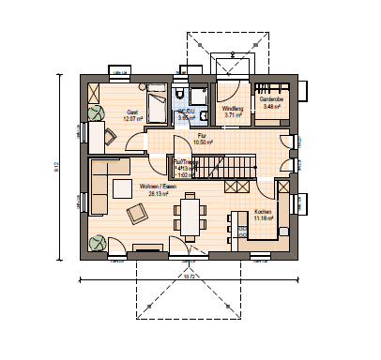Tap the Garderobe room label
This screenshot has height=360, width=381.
[x=271, y=101]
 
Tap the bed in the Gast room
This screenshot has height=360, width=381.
[x=157, y=97]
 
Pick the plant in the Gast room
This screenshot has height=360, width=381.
[x=97, y=113]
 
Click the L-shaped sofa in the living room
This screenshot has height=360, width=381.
[x=101, y=184]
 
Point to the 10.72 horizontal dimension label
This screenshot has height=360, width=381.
[x=188, y=277]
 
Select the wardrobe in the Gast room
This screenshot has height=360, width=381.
[x=94, y=92]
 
